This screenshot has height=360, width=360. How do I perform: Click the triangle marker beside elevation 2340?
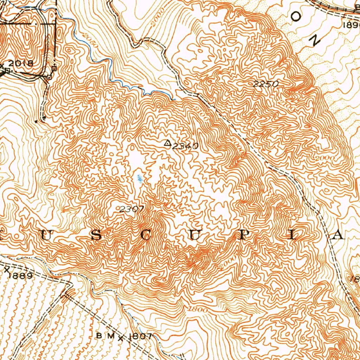[168, 143]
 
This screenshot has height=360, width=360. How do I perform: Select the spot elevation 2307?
[131, 209]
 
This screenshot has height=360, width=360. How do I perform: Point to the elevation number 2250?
[265, 84]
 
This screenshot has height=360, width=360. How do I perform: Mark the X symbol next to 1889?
[7, 269]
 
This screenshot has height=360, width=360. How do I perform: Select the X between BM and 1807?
[121, 338]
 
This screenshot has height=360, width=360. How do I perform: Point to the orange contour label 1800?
[198, 309]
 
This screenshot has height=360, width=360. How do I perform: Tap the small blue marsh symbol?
[140, 179]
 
